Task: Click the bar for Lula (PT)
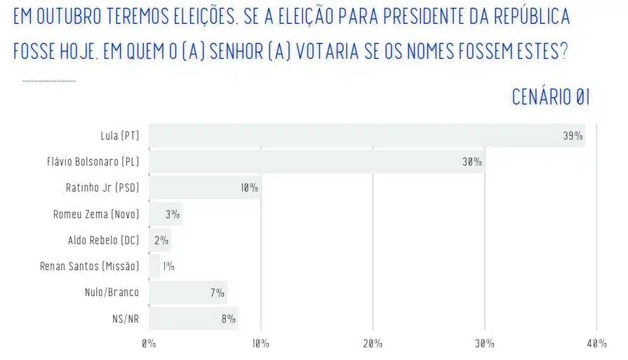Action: coord(365,135)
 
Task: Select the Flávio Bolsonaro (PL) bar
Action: coord(316,161)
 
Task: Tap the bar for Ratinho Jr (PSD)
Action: coord(203,187)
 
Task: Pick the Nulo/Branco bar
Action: coord(187,292)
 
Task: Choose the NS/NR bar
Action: coord(193,319)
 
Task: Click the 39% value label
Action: coord(573,135)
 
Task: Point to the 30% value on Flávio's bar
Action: coord(472,162)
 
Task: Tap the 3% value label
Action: coord(173,214)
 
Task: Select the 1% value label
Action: coord(168,267)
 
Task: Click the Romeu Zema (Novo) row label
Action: coord(96,214)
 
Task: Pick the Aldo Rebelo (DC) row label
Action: coord(104,240)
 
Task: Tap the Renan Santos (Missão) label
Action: coord(90,267)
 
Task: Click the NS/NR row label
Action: coord(126,319)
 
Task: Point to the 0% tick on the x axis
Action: coord(149,344)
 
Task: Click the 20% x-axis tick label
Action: coord(373,344)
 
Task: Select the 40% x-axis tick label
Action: coord(596,344)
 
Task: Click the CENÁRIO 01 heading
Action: coord(550,98)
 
